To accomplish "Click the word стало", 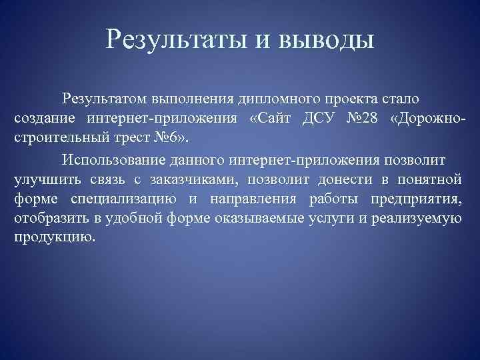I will coord(400,100).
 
